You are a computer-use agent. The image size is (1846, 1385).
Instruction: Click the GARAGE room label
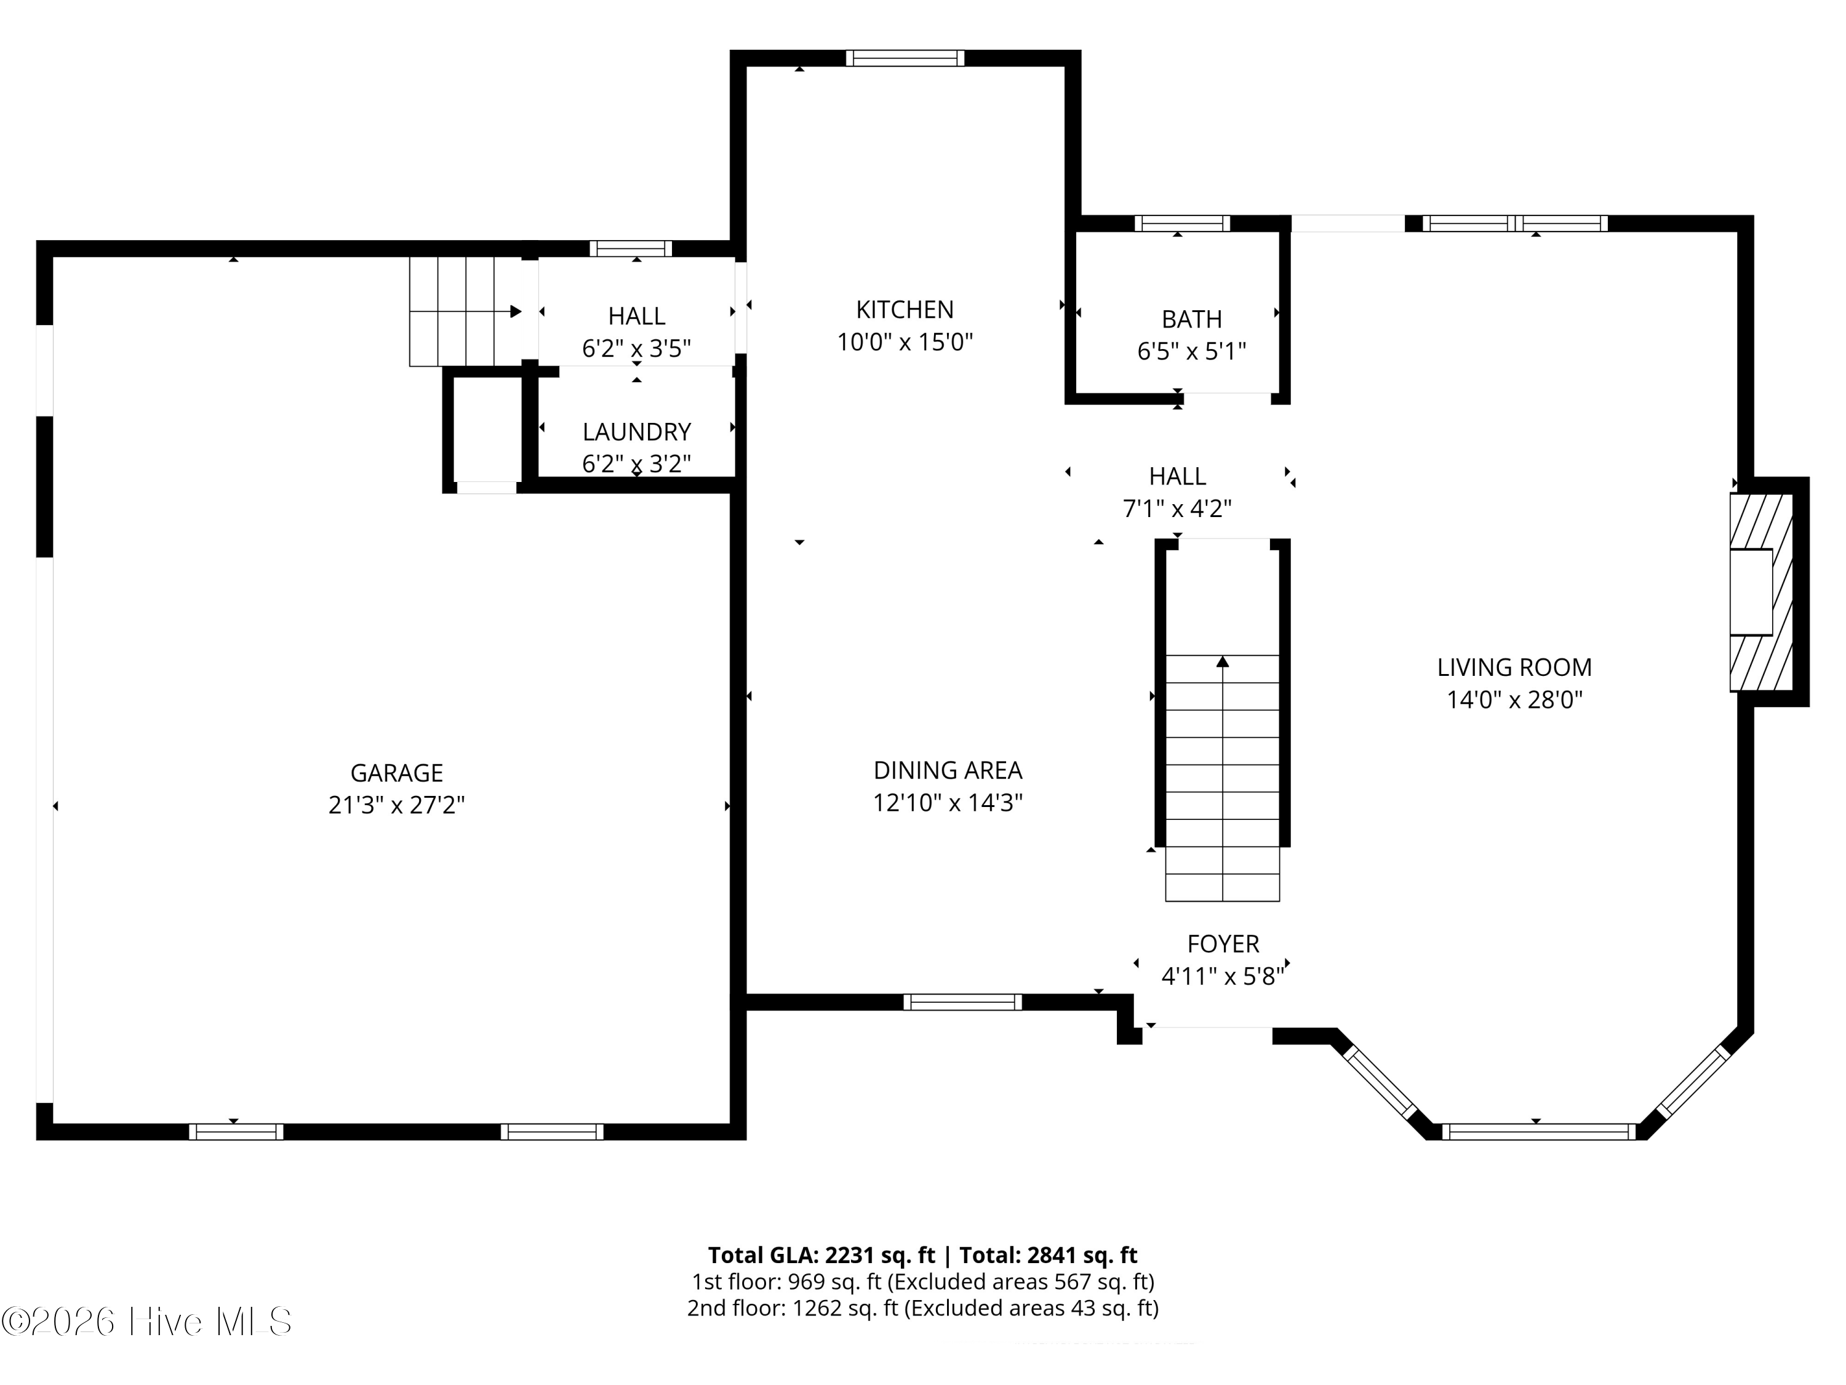click(x=396, y=773)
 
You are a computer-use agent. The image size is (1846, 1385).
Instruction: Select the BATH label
click(x=1192, y=319)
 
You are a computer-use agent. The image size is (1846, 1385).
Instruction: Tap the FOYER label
click(x=1223, y=944)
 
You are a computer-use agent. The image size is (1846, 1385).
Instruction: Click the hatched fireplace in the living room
click(x=1761, y=592)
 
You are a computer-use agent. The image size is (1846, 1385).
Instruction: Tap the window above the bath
click(x=1181, y=223)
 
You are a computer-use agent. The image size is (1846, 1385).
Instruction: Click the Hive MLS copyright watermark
click(x=147, y=1322)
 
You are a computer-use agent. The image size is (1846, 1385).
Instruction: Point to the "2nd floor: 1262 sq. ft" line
click(x=793, y=1307)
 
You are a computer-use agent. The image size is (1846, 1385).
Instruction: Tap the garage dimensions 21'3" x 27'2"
click(x=396, y=805)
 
